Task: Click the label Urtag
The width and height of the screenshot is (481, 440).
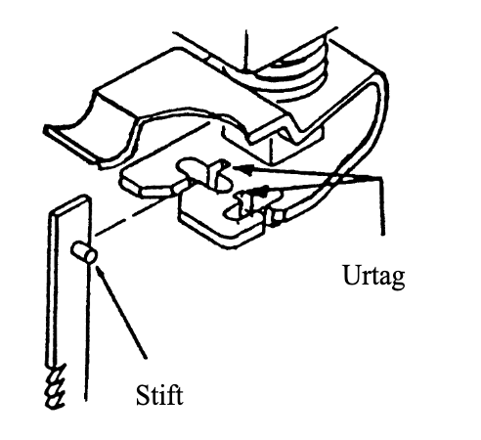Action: coord(373,277)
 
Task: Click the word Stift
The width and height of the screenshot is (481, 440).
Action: coord(159,395)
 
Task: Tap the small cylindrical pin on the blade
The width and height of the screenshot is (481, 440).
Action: coord(83,252)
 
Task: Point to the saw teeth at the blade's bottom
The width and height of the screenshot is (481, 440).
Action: coord(57,387)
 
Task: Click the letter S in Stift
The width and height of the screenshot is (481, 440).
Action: coord(142,395)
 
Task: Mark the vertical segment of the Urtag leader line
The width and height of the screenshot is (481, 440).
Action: coord(381,206)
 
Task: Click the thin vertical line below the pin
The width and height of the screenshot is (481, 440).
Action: coord(86,332)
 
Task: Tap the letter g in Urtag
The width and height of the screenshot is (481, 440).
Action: coord(397,279)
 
